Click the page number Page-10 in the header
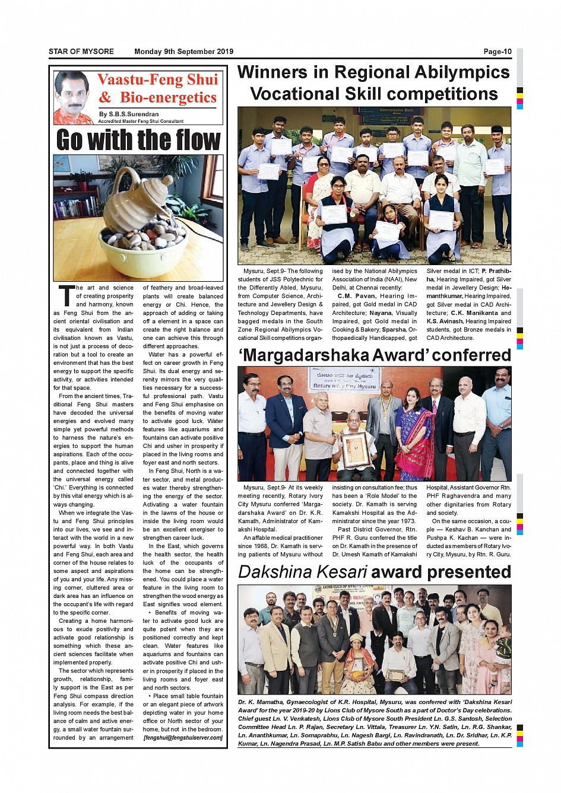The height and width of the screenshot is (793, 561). (x=497, y=52)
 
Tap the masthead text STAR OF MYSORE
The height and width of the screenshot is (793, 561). (x=81, y=52)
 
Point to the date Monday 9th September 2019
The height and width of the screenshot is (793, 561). (x=183, y=52)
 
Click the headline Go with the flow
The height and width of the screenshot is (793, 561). (x=138, y=140)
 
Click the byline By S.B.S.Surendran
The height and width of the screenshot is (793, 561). (x=129, y=114)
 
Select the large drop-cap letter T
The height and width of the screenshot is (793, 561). (x=66, y=295)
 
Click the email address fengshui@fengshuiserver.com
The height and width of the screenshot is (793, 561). (x=183, y=738)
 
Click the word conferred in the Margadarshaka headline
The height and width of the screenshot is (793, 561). (x=471, y=355)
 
